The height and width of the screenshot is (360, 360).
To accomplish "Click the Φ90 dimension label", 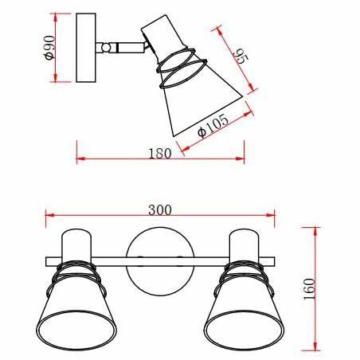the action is click(x=50, y=48).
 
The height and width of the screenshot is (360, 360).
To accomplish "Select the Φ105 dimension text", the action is click(x=213, y=125).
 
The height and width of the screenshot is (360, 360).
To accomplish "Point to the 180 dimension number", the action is click(x=160, y=154).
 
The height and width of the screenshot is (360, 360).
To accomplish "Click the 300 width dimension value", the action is click(x=160, y=210).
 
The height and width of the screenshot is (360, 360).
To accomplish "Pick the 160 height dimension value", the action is click(x=310, y=289).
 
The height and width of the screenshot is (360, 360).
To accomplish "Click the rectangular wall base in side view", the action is click(x=86, y=48).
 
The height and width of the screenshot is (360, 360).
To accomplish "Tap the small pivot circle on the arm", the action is click(x=106, y=48).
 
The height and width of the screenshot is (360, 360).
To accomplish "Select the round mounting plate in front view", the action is click(x=160, y=261).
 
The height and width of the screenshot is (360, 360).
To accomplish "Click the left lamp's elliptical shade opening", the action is click(x=76, y=330).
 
